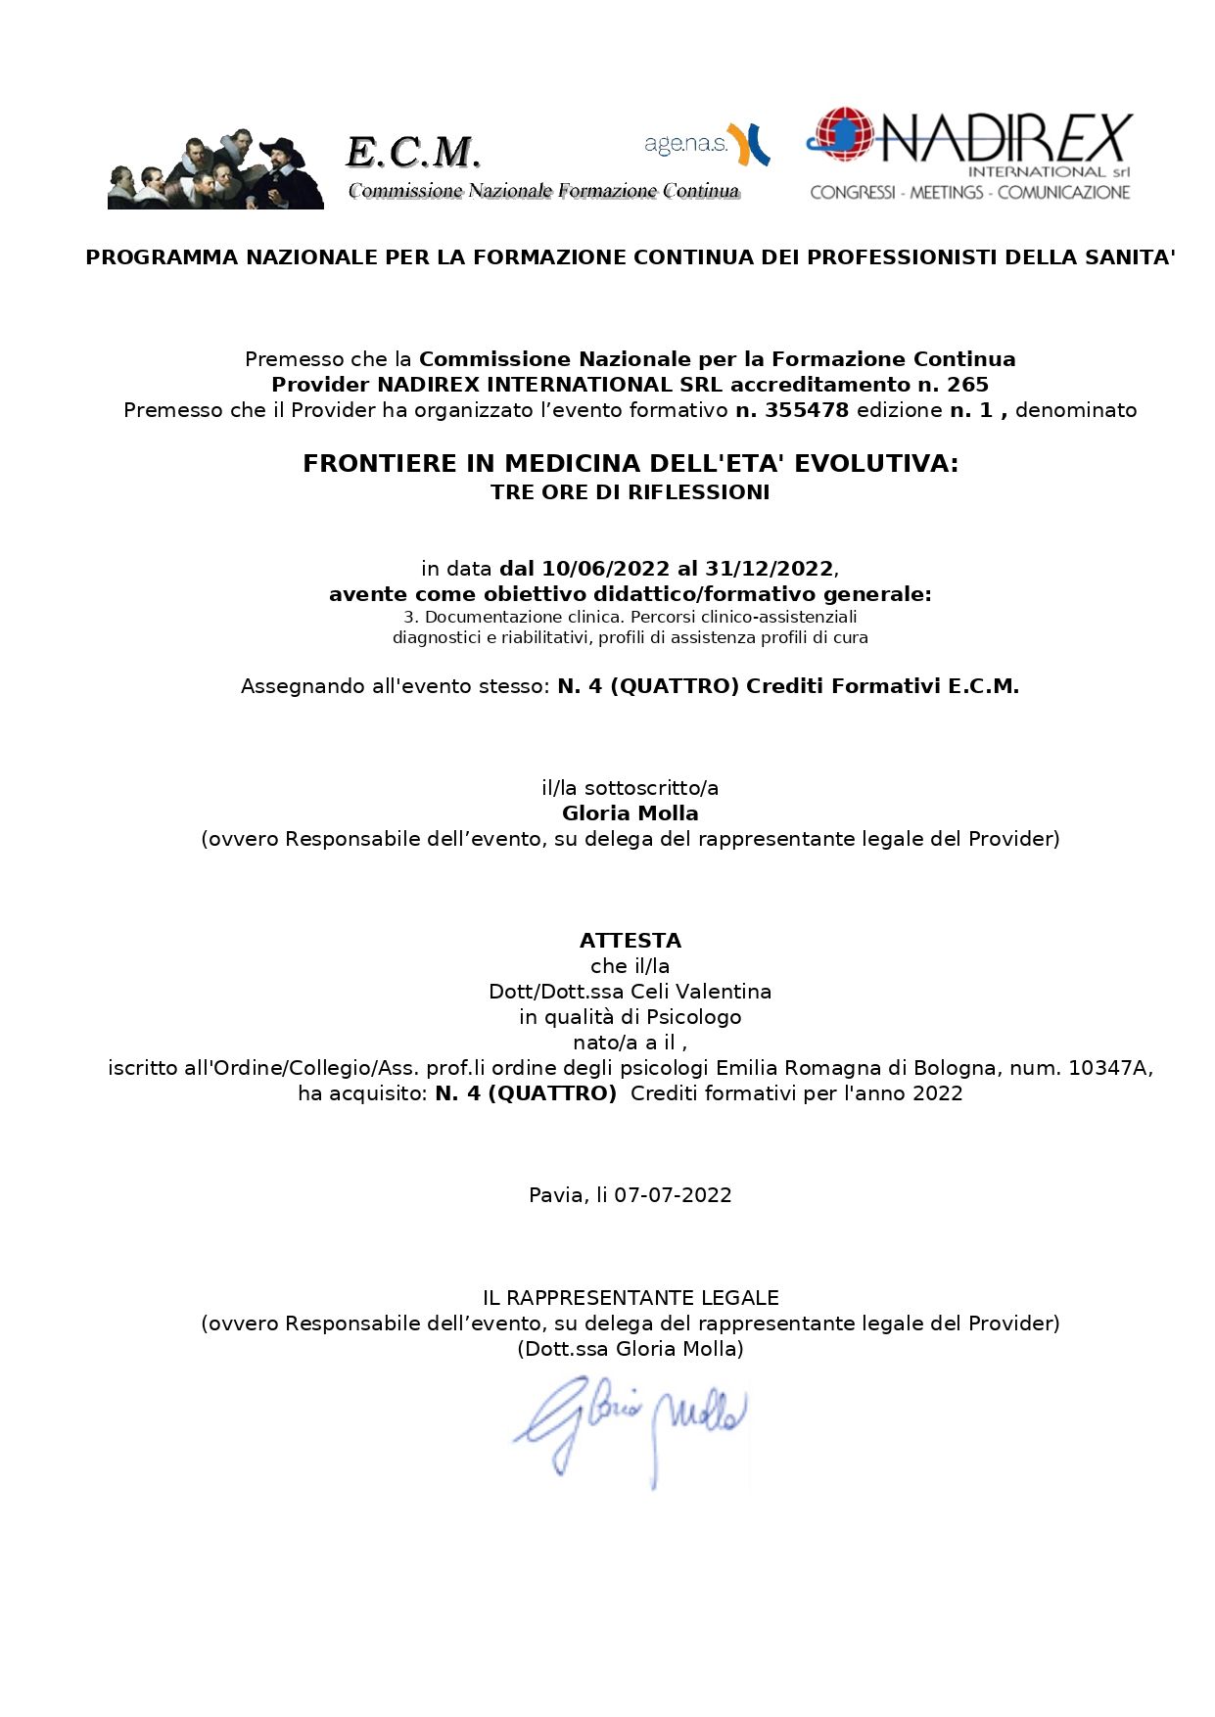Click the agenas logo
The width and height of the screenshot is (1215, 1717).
(x=706, y=143)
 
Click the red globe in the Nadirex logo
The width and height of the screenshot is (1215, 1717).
(x=842, y=134)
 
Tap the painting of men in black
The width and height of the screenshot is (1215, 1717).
(x=215, y=169)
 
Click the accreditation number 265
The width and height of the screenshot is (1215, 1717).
(x=967, y=385)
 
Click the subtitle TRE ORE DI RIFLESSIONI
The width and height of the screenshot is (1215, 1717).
(x=631, y=492)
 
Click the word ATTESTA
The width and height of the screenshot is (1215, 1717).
(x=631, y=941)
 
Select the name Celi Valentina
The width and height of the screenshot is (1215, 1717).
(x=701, y=992)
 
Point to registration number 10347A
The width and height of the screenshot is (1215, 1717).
(x=1108, y=1068)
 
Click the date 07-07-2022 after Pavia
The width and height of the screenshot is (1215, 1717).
(x=673, y=1195)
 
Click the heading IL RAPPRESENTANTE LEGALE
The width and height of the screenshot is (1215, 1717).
(x=631, y=1298)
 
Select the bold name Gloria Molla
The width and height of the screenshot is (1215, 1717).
(x=631, y=813)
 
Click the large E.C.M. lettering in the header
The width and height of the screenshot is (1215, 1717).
(x=413, y=152)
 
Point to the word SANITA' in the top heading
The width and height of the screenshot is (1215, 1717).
(x=1130, y=257)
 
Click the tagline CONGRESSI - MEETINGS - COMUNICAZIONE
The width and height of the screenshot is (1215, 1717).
(x=969, y=193)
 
